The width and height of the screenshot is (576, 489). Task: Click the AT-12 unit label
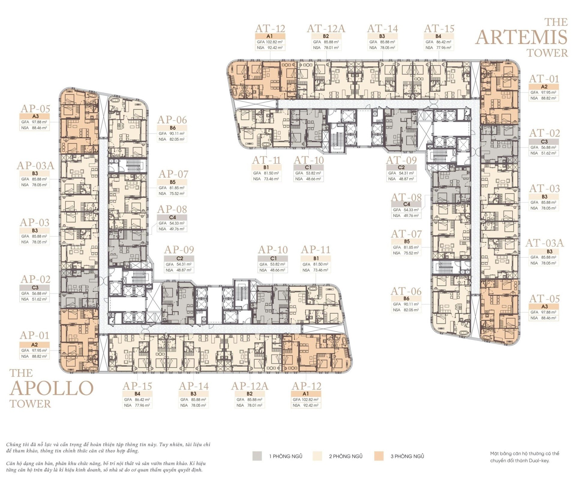[x=270, y=28]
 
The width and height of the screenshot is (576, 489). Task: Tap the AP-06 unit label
[x=172, y=120]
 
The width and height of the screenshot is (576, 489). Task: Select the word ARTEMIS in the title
[x=521, y=37]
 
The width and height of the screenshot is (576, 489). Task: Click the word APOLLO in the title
[x=52, y=388]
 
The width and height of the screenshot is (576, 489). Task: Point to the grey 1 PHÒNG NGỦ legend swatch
[x=257, y=456]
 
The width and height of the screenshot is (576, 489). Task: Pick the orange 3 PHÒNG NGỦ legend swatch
[x=379, y=456]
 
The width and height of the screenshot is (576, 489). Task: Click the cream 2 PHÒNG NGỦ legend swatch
[x=317, y=456]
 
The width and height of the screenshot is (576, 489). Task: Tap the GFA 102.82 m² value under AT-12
[x=270, y=42]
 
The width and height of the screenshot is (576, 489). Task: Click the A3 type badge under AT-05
[x=544, y=307]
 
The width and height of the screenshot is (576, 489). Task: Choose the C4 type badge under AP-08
[x=172, y=217]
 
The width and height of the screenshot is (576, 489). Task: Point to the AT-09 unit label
[x=401, y=160]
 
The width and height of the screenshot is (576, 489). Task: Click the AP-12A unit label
[x=250, y=386]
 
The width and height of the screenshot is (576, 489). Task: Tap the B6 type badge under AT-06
[x=406, y=298]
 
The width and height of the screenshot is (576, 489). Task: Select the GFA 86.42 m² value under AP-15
[x=137, y=399]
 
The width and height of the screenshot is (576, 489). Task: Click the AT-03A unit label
[x=544, y=243]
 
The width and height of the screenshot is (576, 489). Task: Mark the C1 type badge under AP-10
[x=273, y=258]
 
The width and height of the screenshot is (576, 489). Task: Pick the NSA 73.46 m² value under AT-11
[x=266, y=179]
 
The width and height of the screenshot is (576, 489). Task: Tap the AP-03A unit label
[x=36, y=165]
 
